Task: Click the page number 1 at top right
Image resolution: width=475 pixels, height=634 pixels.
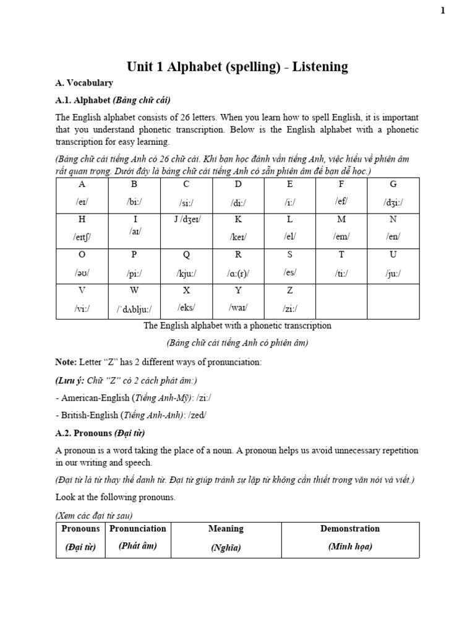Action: coord(460,10)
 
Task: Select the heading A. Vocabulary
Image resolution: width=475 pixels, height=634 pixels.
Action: coord(84,82)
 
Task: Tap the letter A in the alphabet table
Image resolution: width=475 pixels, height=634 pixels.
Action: coord(82,185)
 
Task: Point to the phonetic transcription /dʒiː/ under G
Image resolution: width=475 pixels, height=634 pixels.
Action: coord(393,202)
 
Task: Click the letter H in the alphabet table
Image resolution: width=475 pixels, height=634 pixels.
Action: coord(82,219)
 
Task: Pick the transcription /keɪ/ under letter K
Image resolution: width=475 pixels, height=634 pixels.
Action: coord(238,237)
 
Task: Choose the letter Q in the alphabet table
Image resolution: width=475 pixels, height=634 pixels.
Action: coord(186,254)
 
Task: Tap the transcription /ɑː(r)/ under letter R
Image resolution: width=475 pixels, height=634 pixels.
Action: coord(238,272)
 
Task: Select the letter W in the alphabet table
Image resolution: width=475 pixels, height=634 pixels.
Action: coord(134,290)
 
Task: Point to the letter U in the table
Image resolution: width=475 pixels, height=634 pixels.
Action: coord(393,254)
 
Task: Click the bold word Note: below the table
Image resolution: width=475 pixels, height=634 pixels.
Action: coord(66,361)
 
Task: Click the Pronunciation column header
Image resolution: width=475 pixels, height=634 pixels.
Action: coord(138,529)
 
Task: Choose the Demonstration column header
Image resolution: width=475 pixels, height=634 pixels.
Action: coord(350,529)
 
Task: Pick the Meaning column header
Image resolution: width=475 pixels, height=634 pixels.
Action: coord(226,529)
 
